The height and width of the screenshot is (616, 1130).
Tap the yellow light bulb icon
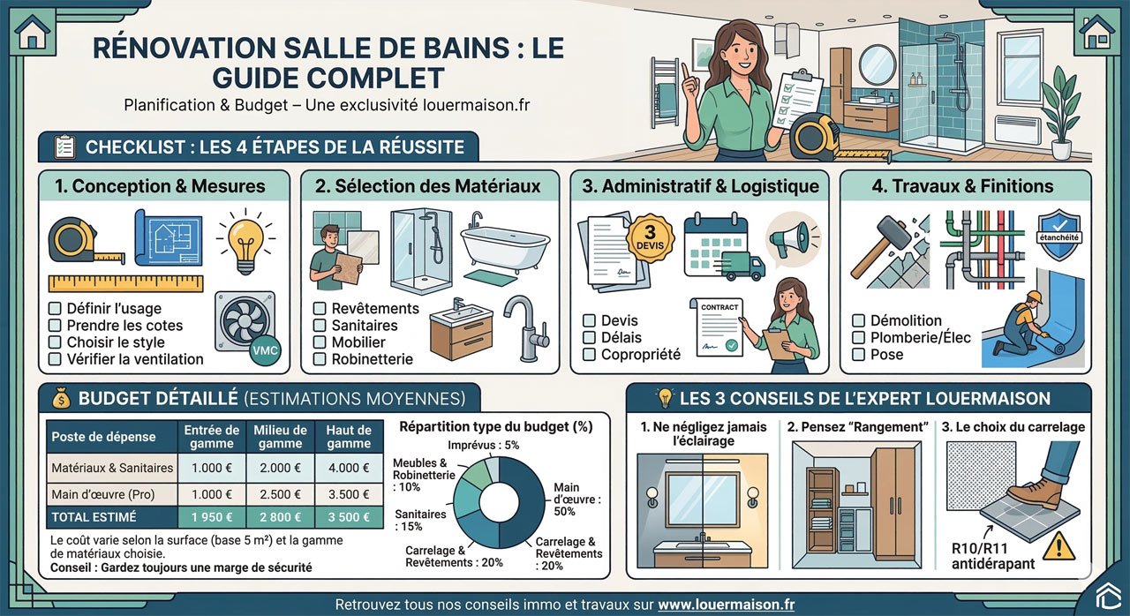242,238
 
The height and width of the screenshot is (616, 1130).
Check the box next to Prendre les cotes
55,326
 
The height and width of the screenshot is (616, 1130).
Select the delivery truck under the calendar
742,265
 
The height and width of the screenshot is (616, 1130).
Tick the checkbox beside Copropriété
589,355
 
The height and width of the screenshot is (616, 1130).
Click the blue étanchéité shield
1059,235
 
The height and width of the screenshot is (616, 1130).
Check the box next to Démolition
858,321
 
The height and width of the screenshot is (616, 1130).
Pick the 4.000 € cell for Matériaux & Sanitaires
349,469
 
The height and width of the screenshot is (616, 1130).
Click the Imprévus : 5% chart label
483,446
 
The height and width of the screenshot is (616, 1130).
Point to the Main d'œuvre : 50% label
576,499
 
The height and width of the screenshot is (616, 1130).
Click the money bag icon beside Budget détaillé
60,399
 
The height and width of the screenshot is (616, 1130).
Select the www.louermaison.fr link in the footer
726,605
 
